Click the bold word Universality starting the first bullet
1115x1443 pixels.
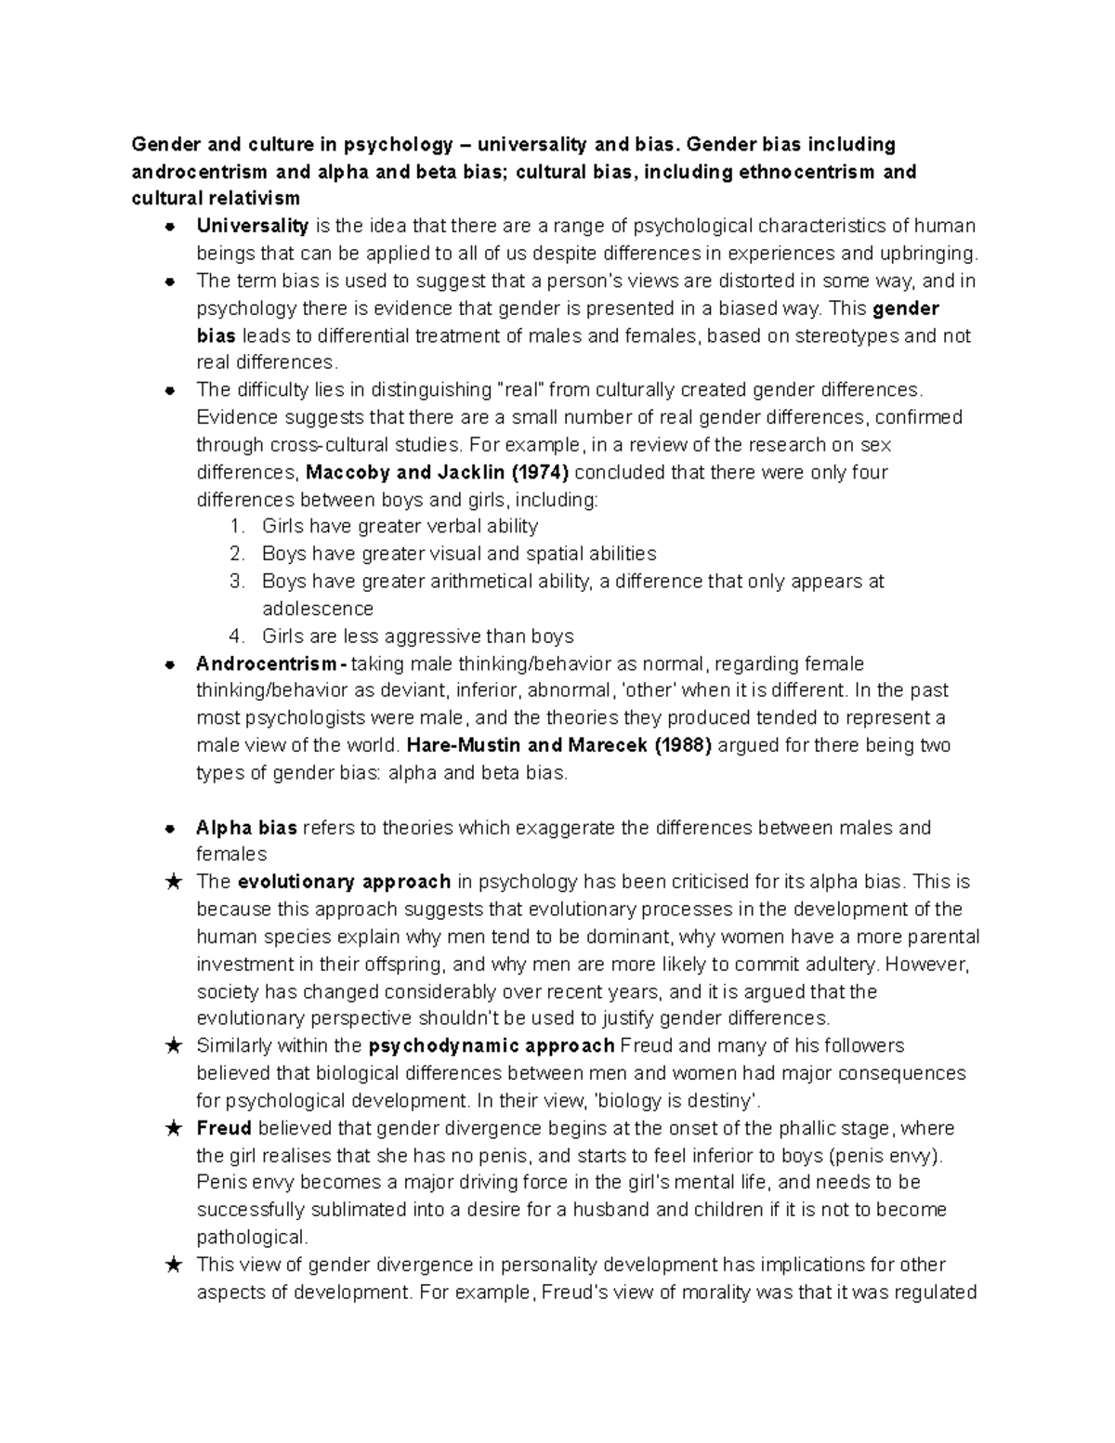click(252, 226)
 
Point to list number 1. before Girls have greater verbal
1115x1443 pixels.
click(237, 527)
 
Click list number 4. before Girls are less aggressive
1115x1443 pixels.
click(237, 636)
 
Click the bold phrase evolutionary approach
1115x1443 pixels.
click(344, 882)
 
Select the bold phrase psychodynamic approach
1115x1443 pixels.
click(492, 1046)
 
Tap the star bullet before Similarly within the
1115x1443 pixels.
click(172, 1046)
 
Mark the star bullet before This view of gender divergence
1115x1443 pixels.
click(172, 1265)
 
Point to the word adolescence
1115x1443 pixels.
click(318, 609)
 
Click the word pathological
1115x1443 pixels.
click(251, 1238)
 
